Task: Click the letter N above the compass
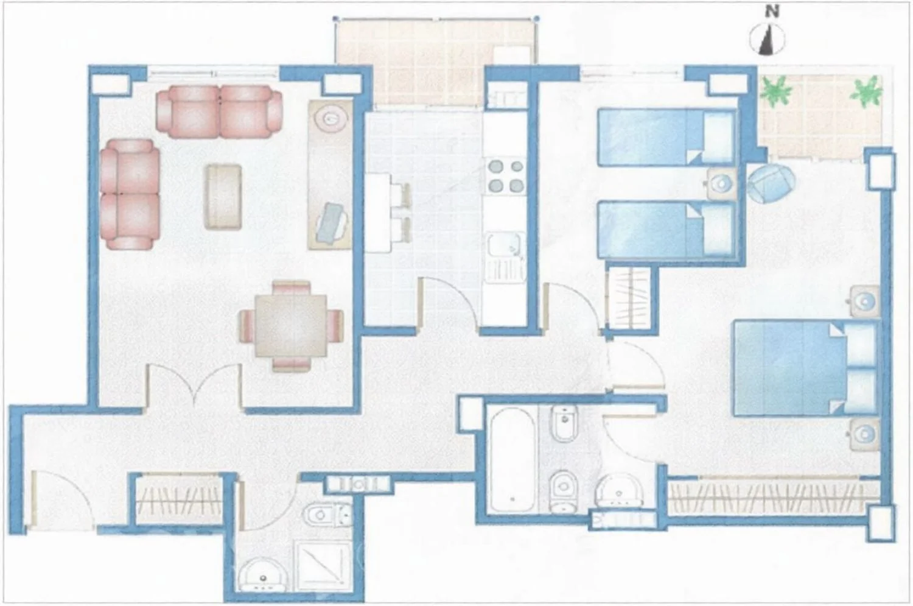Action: [x=772, y=12]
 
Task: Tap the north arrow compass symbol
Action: [x=767, y=39]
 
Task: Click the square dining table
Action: [x=290, y=326]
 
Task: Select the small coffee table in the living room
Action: [x=223, y=197]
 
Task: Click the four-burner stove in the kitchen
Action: [x=506, y=177]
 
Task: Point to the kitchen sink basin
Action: [x=505, y=245]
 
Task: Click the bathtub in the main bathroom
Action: [x=512, y=459]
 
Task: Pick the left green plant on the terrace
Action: [x=777, y=91]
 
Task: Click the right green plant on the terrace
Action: [x=867, y=92]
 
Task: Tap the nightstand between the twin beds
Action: [x=722, y=184]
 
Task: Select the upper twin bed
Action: [x=667, y=137]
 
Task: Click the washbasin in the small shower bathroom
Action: [x=262, y=574]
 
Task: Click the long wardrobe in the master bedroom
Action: [x=773, y=496]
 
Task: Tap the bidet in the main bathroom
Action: [x=565, y=423]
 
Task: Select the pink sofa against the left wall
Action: [x=130, y=194]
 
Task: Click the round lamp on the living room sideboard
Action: [x=331, y=119]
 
